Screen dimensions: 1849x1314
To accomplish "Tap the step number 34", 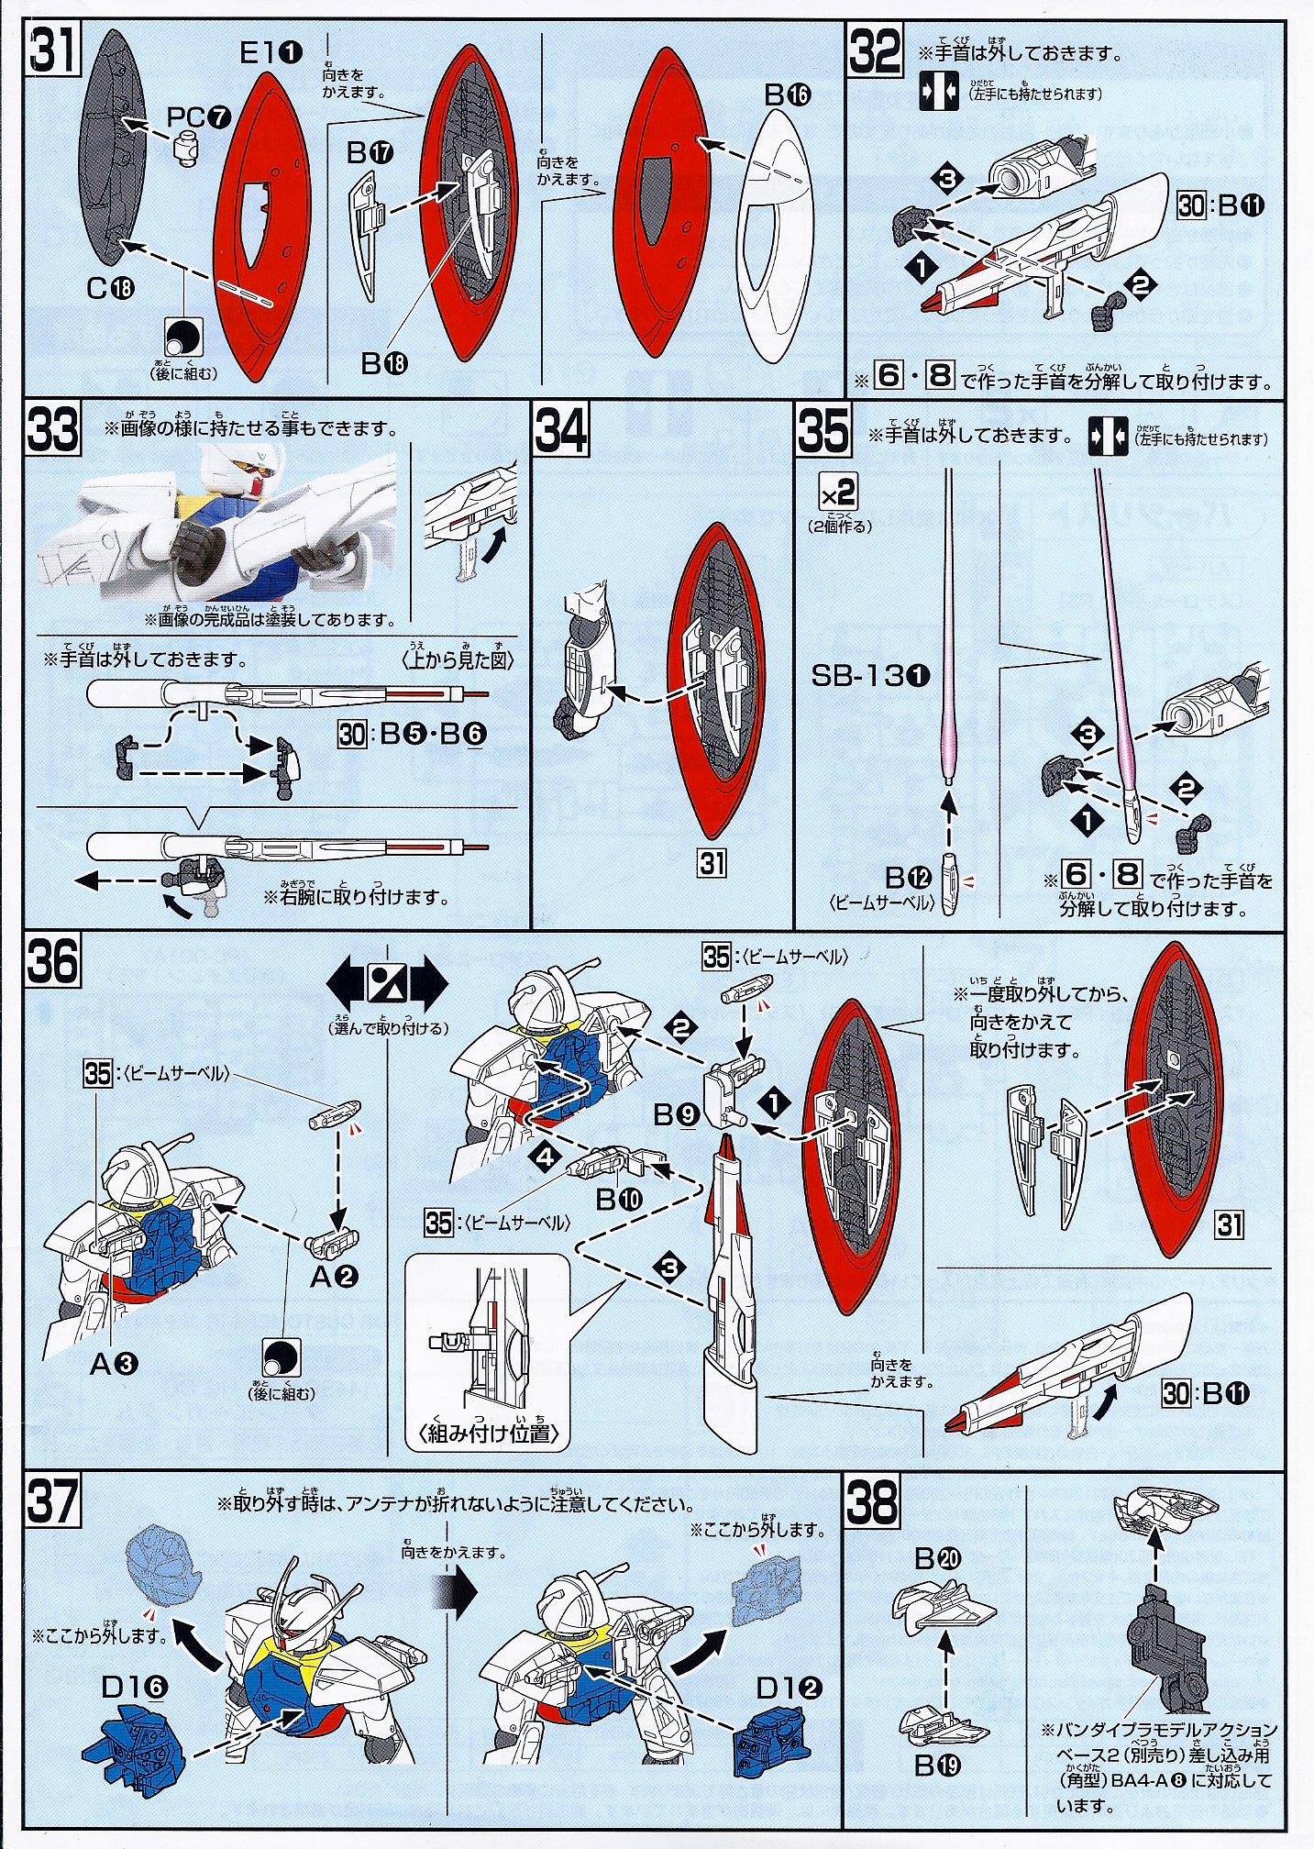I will click(x=560, y=430).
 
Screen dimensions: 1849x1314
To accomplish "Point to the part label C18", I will click(x=110, y=288).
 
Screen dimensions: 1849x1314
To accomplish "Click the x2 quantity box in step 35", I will click(x=837, y=495).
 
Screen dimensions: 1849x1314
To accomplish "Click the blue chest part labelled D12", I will click(x=773, y=1732).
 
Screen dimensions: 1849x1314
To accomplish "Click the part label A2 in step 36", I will click(x=334, y=1276).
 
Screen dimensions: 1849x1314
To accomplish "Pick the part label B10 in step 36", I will click(x=619, y=1199).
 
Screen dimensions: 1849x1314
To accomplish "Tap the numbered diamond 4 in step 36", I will click(x=547, y=1157).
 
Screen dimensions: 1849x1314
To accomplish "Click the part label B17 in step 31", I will click(x=370, y=152).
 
